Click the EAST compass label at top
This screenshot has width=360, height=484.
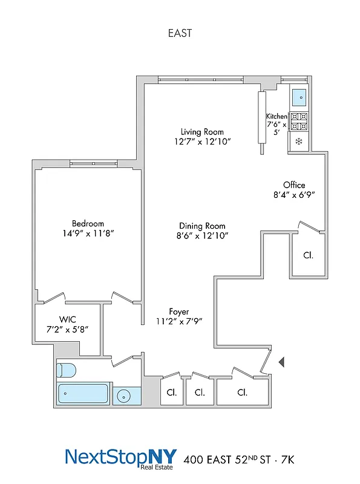click(180, 33)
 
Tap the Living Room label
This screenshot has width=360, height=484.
click(202, 132)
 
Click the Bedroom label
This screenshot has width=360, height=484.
click(88, 223)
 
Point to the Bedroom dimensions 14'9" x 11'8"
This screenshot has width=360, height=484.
click(88, 233)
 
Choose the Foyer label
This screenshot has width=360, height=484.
click(178, 312)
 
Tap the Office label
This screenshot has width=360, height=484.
click(294, 185)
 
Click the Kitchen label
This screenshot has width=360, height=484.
click(277, 116)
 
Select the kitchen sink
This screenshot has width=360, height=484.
click(299, 96)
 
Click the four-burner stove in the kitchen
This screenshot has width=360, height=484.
click(299, 122)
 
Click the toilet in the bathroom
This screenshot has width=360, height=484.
click(65, 370)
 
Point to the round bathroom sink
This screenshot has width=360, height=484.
click(124, 396)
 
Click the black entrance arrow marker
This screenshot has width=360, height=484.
click(281, 362)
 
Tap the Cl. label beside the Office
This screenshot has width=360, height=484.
click(308, 255)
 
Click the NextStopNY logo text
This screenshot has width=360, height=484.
click(118, 457)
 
